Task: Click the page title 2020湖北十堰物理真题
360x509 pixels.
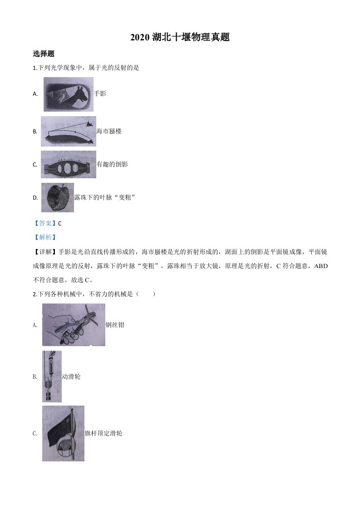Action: [x=180, y=37]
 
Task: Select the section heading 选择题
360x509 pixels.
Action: [x=44, y=54]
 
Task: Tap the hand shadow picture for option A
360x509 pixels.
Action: [x=69, y=94]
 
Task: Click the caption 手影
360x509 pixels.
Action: [x=100, y=93]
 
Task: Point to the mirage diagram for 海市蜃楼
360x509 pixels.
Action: [x=69, y=132]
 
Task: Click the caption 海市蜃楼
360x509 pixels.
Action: [x=109, y=131]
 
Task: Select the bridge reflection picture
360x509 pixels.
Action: [x=69, y=164]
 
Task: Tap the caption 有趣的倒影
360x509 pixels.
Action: [x=113, y=164]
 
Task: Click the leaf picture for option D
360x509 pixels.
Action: [x=58, y=198]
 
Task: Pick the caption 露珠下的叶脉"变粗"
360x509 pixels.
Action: [x=104, y=197]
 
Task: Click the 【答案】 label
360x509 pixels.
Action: [x=45, y=223]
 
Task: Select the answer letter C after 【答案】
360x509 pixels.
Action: [x=60, y=224]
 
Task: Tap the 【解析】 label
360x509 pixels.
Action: [x=45, y=237]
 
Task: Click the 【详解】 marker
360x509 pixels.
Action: [x=45, y=252]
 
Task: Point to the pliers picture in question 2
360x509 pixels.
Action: [x=74, y=325]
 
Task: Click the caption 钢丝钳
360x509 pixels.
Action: [x=115, y=325]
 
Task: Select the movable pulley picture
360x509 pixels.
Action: [x=52, y=377]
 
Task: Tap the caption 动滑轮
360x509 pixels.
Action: [x=71, y=377]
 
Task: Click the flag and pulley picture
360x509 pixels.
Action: [x=64, y=433]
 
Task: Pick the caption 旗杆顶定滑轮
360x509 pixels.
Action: [x=104, y=433]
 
